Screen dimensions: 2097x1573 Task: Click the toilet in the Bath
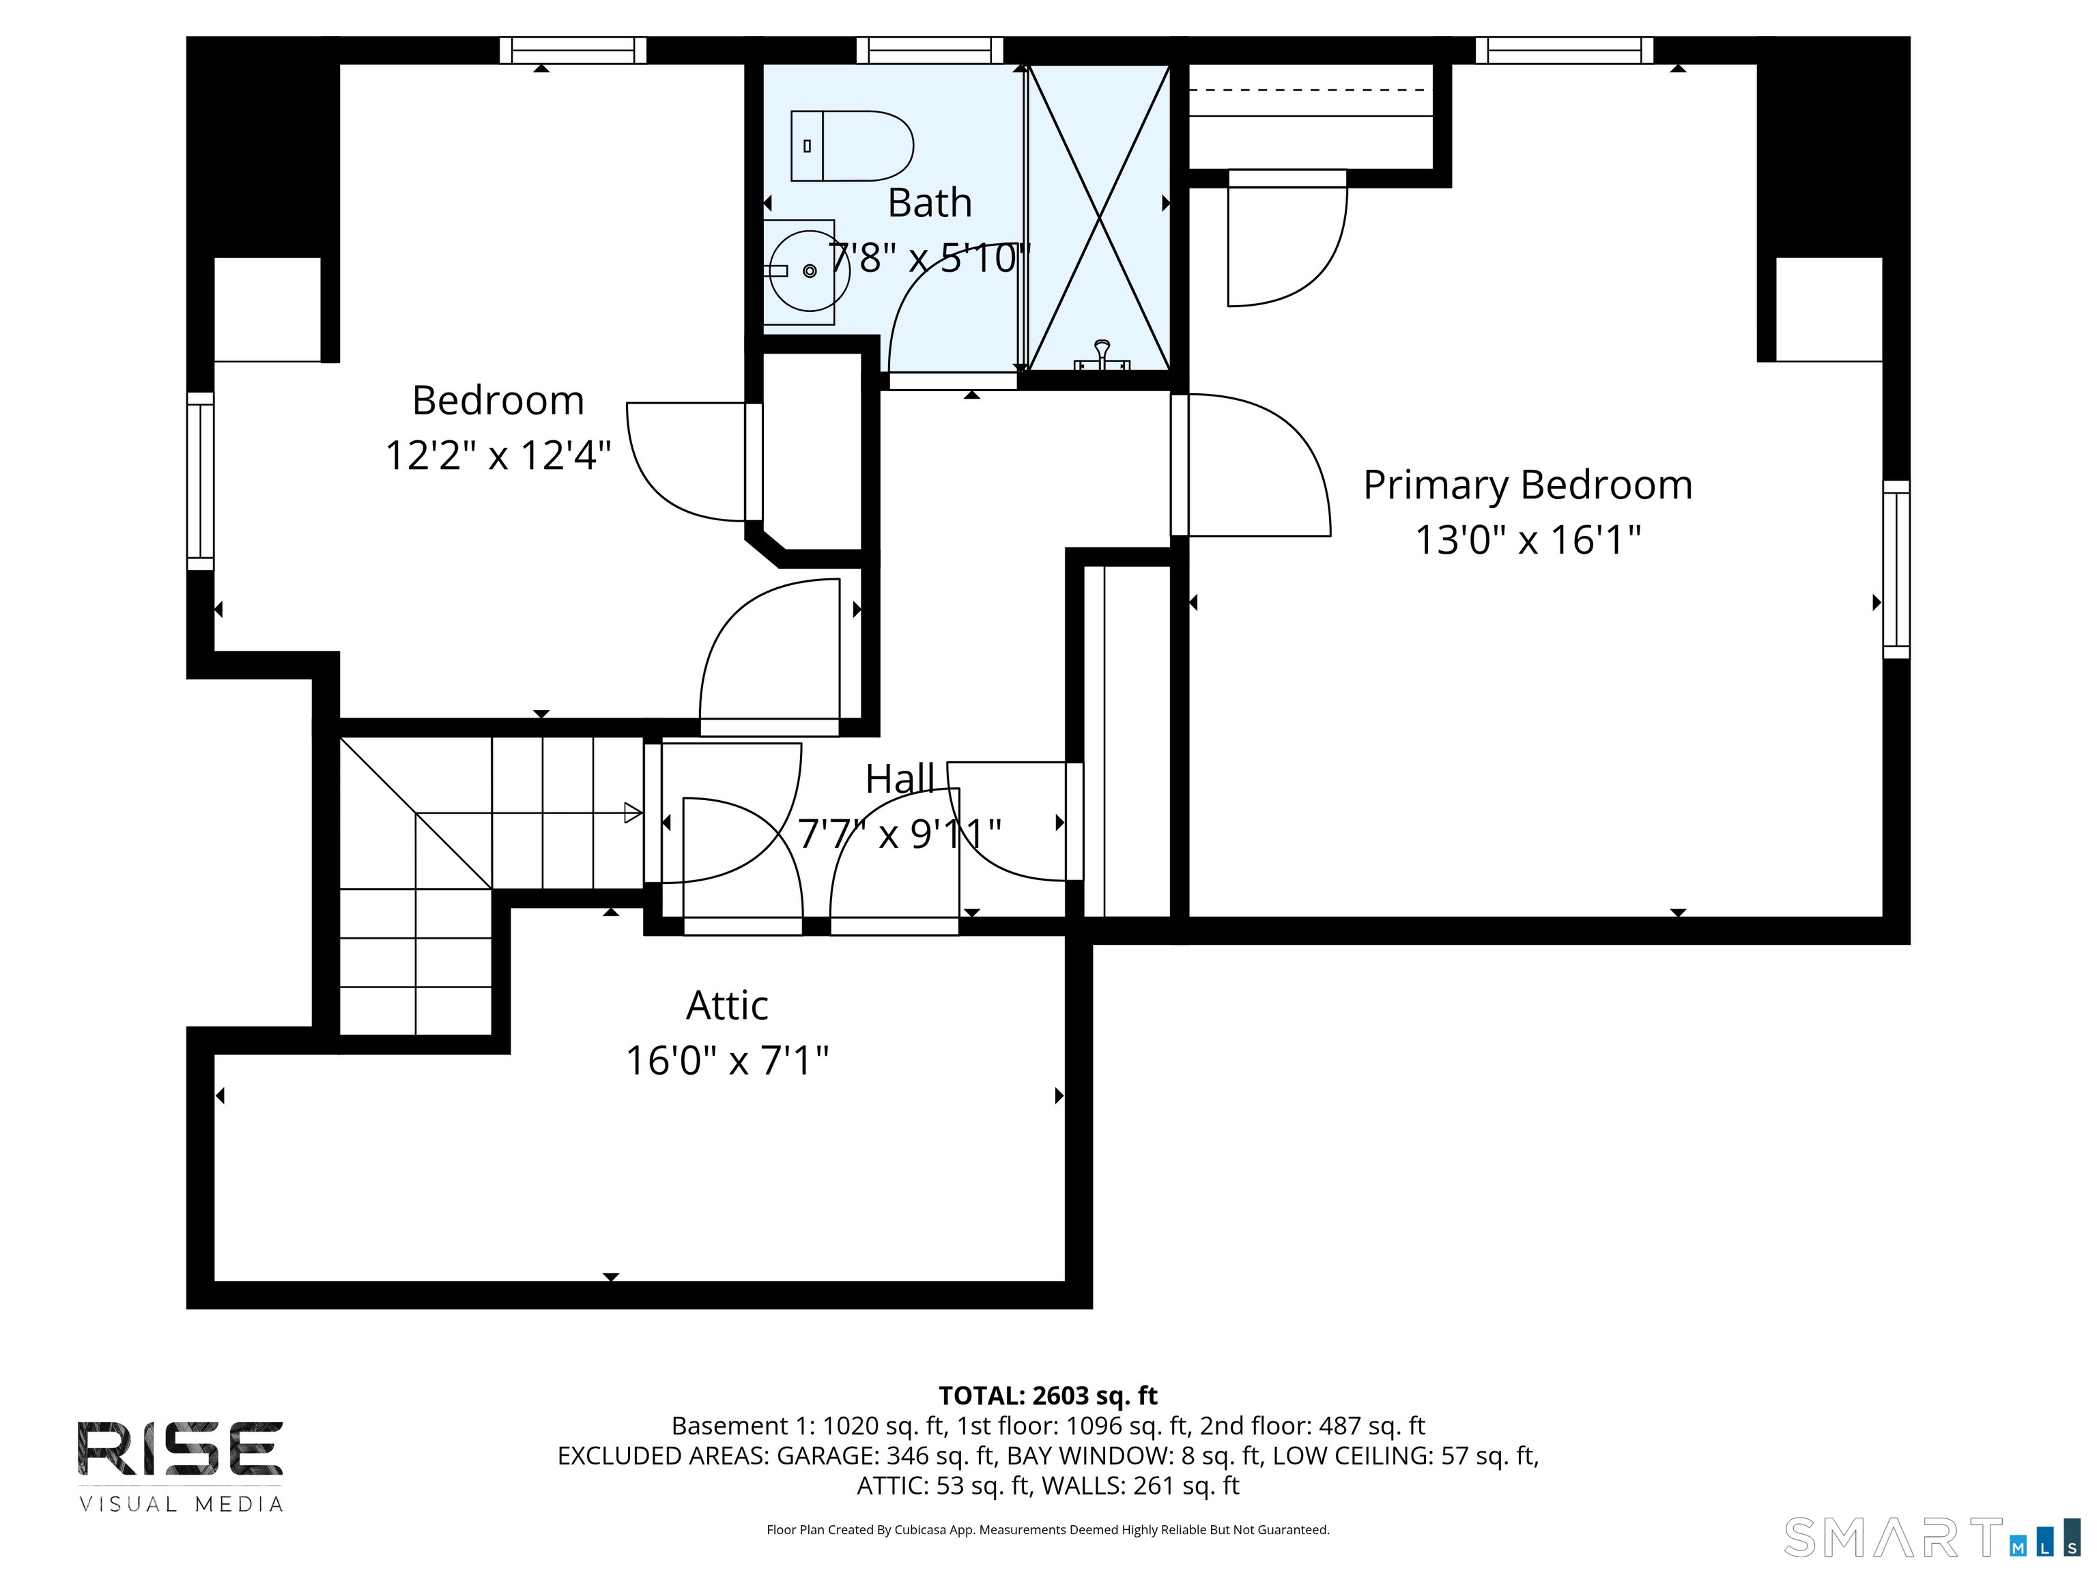click(x=851, y=146)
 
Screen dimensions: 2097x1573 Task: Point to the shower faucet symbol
click(x=1102, y=356)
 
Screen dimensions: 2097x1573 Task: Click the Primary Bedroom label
click(x=1527, y=485)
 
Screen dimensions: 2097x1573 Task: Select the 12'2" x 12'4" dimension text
click(x=498, y=455)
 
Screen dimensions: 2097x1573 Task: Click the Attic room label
click(x=727, y=1005)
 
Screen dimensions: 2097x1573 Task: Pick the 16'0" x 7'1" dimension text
click(x=727, y=1060)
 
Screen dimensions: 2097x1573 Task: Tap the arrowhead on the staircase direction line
click(x=633, y=812)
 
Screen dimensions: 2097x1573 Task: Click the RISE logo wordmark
click(x=180, y=1448)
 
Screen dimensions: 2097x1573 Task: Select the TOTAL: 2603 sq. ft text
click(x=1048, y=1395)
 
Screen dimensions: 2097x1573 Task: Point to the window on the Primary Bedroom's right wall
click(x=1896, y=569)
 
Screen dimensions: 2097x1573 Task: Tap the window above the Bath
click(x=930, y=51)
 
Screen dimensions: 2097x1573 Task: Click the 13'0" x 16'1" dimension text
click(x=1527, y=541)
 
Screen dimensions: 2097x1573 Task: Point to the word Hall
click(x=900, y=780)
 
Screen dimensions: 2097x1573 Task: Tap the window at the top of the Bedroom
click(x=573, y=51)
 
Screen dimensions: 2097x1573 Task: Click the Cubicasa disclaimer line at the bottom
click(x=1048, y=1529)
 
